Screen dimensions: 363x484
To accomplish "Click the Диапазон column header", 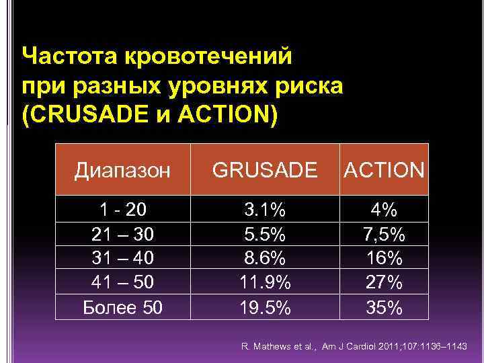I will (122, 170).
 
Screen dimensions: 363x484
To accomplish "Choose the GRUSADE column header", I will (265, 170).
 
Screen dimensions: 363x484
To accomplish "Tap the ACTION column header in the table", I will (385, 170).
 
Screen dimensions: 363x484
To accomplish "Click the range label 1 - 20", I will (122, 210).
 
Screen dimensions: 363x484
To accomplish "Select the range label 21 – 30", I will (122, 235).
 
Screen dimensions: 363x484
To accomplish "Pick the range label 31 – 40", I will (122, 259).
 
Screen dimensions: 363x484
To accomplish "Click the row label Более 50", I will (122, 308).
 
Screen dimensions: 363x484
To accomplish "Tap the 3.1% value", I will (265, 210).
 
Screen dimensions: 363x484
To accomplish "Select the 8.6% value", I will (265, 259).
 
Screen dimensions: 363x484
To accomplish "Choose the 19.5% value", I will (265, 308).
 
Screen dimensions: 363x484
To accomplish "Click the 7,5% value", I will (385, 235).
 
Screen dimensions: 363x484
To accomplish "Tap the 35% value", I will (385, 308).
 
